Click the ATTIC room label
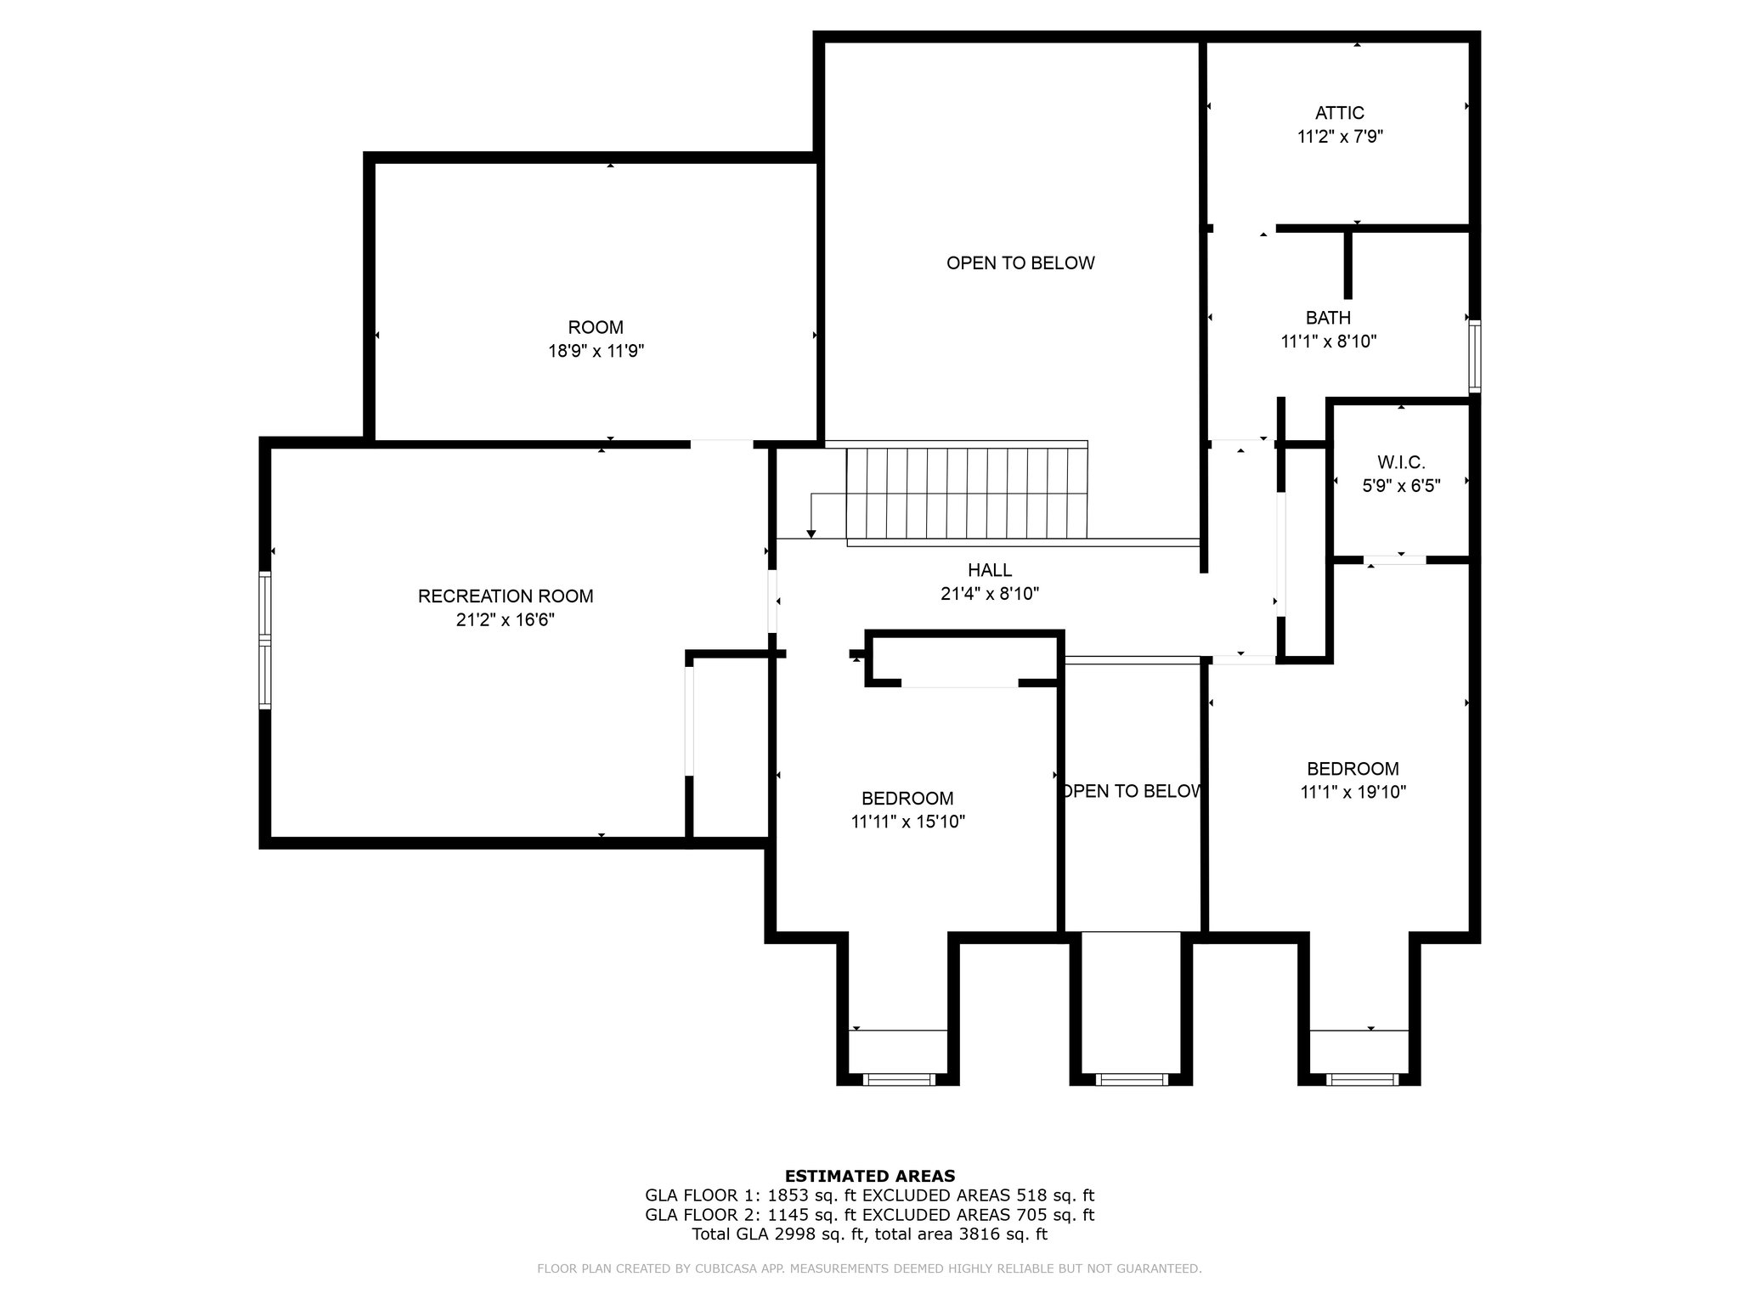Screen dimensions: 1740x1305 click(x=1340, y=113)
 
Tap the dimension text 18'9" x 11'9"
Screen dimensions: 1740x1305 click(x=596, y=351)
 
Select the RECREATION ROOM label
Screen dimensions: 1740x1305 click(x=506, y=596)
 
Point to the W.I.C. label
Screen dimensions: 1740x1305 click(x=1401, y=463)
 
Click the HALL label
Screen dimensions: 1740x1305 click(x=990, y=570)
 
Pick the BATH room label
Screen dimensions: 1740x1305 click(x=1328, y=318)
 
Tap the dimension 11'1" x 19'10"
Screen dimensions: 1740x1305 click(x=1353, y=793)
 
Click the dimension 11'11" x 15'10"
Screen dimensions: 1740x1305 click(x=908, y=822)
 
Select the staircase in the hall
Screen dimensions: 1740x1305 click(x=967, y=493)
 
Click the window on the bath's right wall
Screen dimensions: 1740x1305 click(x=1475, y=356)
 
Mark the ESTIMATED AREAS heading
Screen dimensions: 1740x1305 click(x=870, y=1176)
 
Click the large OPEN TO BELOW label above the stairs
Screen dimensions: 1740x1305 click(x=1020, y=263)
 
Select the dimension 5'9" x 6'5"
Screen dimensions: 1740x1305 click(x=1402, y=487)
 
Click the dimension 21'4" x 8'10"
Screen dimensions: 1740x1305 click(x=990, y=594)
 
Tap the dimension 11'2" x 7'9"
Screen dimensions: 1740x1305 click(x=1341, y=137)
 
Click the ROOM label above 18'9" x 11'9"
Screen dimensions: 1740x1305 click(x=596, y=327)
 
